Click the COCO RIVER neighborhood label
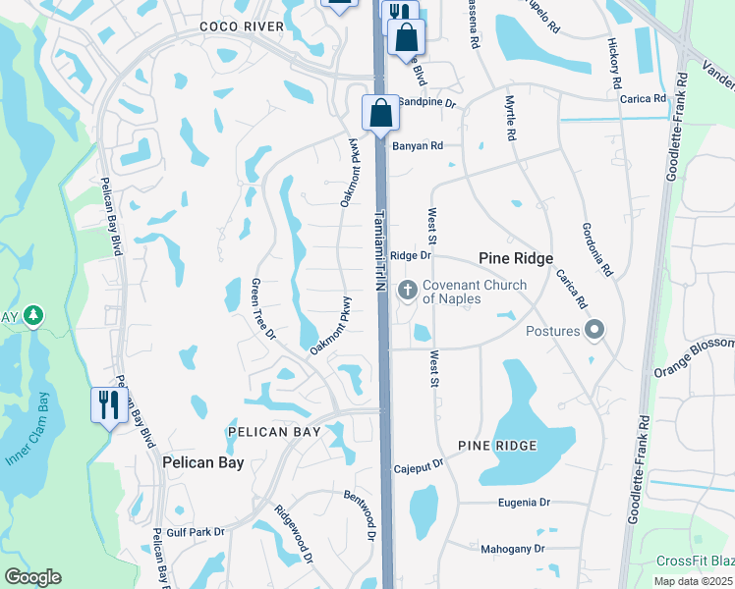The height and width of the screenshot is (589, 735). coord(241,26)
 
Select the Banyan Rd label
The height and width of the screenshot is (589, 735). coord(418,145)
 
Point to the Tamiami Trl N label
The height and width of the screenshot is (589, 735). coord(379,249)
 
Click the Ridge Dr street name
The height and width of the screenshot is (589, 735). coord(411,255)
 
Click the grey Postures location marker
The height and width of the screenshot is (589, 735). coord(594,331)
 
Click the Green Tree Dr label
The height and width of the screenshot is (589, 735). coord(262,309)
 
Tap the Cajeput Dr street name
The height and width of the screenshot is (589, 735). coord(420,469)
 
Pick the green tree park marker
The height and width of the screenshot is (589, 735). coord(33,316)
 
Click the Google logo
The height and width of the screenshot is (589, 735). coord(32,577)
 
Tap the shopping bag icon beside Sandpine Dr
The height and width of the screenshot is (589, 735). coord(380,113)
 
